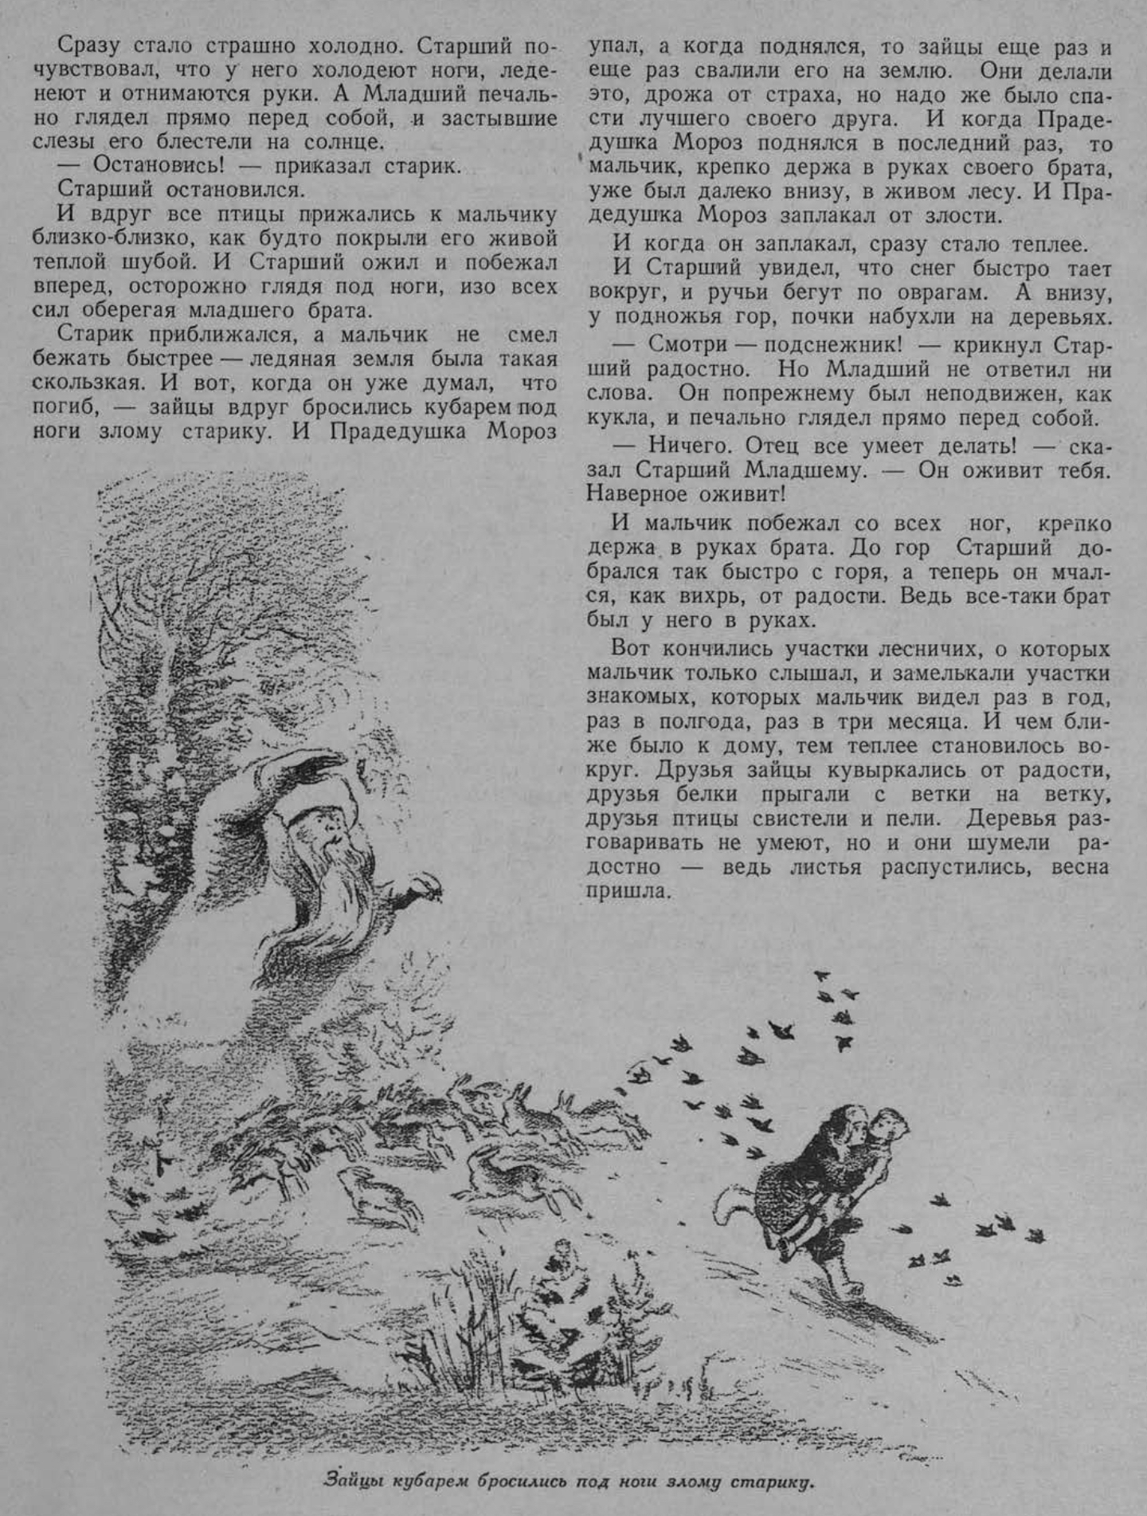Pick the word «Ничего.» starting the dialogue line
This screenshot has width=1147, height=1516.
click(690, 446)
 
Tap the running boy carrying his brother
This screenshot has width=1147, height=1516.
click(812, 1180)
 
